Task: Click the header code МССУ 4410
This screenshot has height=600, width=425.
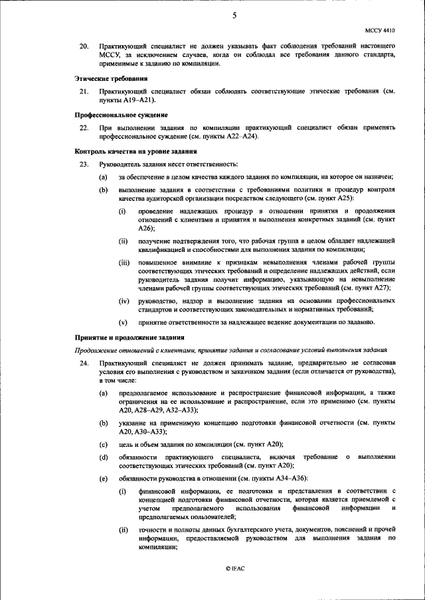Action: (381, 30)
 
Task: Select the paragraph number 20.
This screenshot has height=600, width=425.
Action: (84, 46)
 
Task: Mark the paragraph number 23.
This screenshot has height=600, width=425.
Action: (84, 164)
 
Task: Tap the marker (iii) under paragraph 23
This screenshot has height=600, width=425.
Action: (124, 263)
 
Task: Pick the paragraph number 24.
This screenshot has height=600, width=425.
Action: (84, 364)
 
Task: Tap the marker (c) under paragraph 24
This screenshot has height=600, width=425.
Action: (103, 444)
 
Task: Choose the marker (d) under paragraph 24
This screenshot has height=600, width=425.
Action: (103, 457)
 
